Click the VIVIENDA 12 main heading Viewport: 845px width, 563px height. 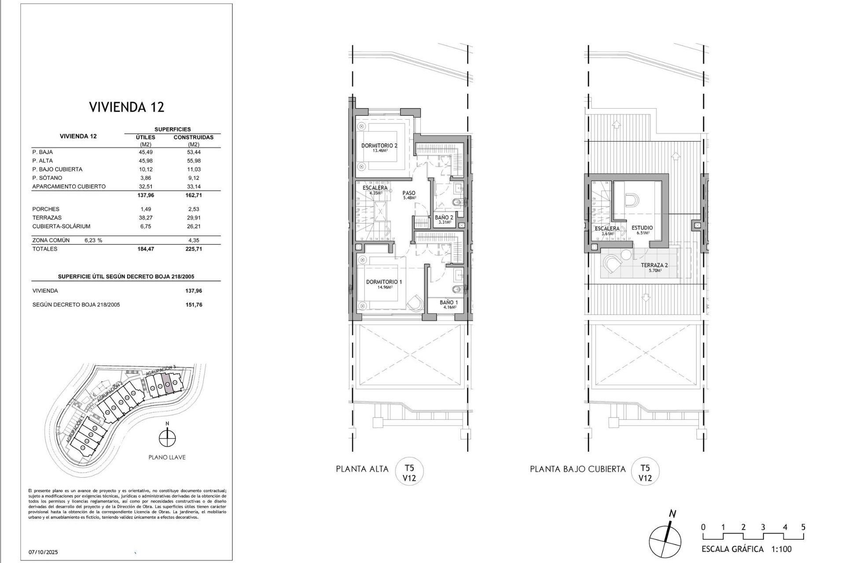tap(127, 107)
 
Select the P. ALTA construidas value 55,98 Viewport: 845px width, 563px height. tap(194, 161)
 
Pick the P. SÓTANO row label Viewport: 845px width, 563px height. tap(47, 178)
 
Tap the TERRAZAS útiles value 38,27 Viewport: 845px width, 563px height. tap(146, 218)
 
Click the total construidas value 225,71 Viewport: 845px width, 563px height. tap(194, 249)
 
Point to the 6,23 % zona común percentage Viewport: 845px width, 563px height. tap(93, 241)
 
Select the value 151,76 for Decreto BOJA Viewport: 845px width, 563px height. tap(194, 305)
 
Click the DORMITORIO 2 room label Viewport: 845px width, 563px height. tap(379, 146)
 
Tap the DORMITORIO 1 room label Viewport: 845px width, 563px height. tap(384, 282)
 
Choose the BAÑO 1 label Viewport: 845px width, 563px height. tap(448, 303)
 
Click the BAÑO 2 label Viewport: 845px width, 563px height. tap(444, 217)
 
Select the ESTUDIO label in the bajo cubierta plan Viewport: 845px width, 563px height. tap(642, 228)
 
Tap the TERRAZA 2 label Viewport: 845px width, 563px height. tap(654, 265)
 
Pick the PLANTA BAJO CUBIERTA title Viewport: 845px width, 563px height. tap(577, 469)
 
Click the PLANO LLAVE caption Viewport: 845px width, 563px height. tap(167, 457)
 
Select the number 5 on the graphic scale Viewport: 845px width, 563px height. tap(804, 527)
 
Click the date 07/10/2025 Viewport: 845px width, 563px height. tap(43, 552)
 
